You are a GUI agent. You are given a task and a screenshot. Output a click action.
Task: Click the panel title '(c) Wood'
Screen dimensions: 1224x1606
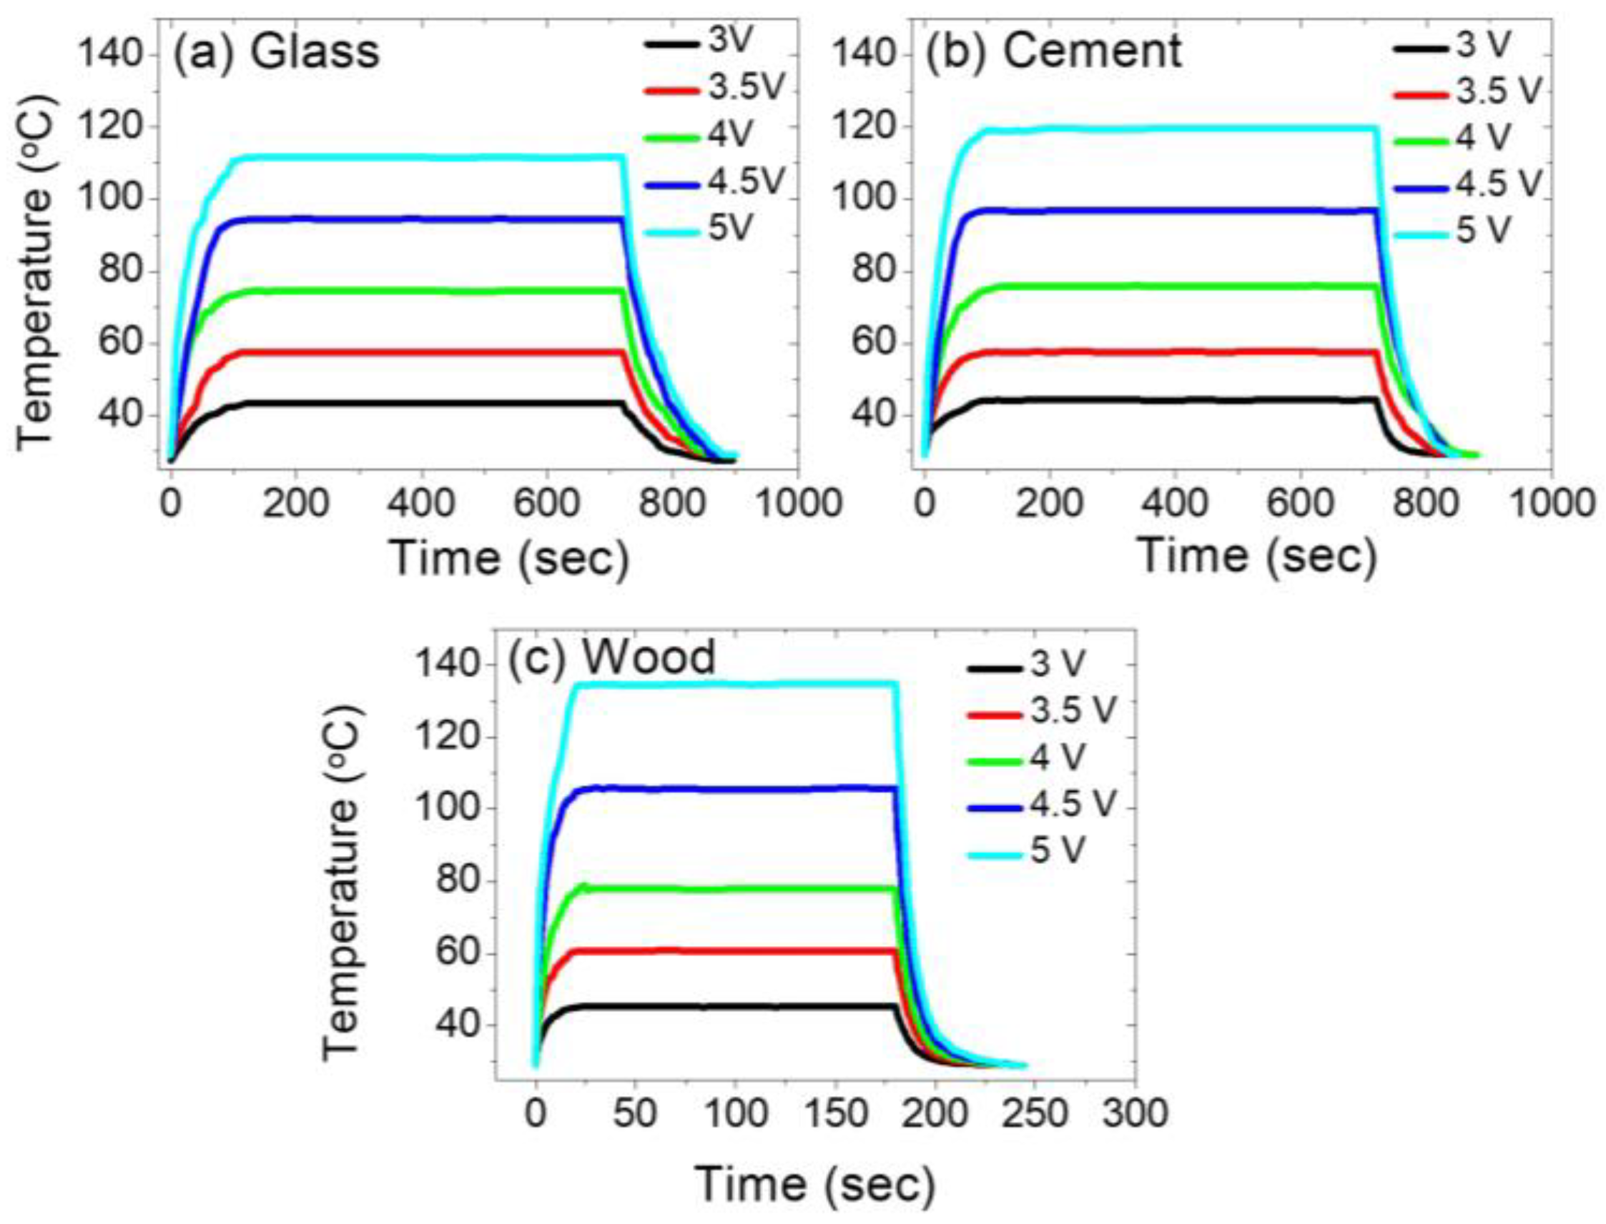611,657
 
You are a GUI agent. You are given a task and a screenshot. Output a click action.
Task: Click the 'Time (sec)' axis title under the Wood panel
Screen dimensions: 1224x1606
814,1184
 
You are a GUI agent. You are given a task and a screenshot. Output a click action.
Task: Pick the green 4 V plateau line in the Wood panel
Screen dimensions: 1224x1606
729,889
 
